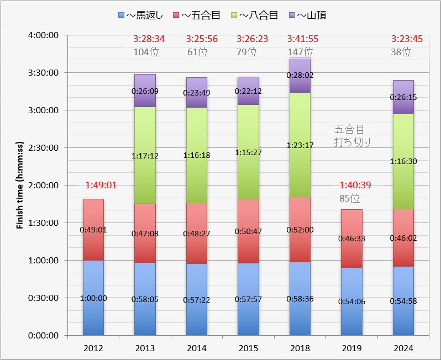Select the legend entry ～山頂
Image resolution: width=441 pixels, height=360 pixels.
point(308,15)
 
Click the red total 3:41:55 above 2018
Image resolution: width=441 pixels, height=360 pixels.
point(300,39)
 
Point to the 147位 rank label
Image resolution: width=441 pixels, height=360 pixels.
point(300,52)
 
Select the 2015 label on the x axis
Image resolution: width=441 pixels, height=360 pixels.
point(248,348)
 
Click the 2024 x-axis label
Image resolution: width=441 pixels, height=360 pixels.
point(403,348)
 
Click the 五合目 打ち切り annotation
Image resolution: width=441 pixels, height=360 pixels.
point(352,135)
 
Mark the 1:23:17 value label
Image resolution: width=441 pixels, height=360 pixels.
point(300,145)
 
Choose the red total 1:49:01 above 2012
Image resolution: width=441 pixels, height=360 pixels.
point(101,186)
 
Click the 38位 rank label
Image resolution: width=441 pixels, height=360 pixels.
point(403,52)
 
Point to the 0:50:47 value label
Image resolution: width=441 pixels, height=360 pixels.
point(248,231)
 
